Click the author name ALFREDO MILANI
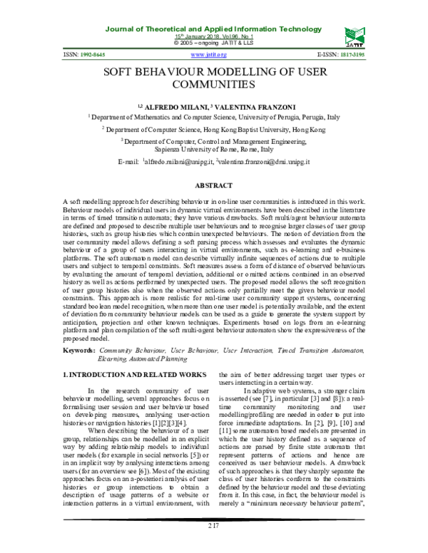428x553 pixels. (174, 105)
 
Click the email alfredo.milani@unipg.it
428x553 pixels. (180, 162)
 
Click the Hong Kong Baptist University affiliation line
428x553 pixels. (213, 130)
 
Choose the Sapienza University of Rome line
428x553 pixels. (213, 150)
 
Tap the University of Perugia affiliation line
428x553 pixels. (213, 116)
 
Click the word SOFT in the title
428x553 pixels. (123, 73)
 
